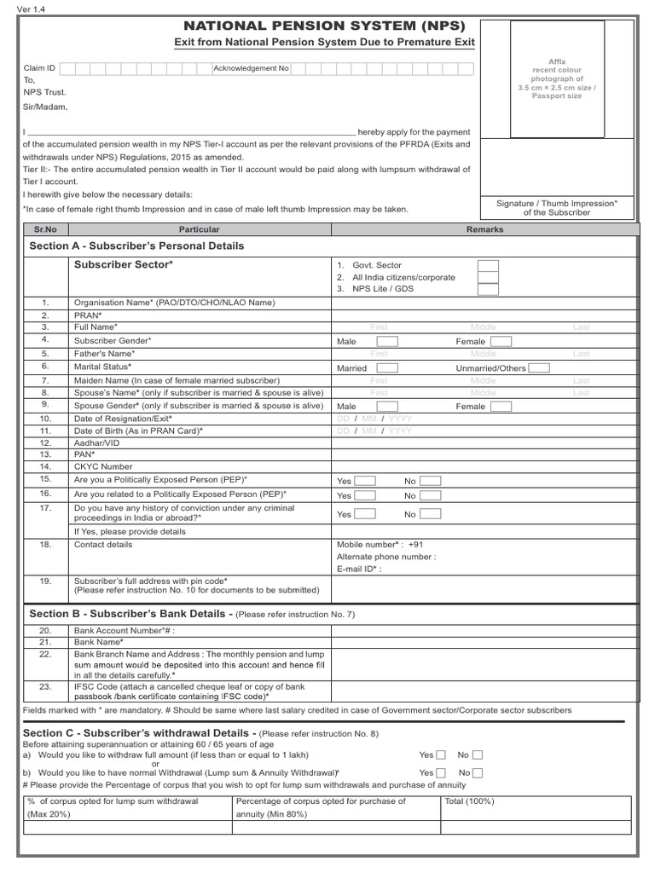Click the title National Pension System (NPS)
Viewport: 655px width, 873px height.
coord(325,26)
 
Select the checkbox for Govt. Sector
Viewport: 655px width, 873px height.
coord(488,266)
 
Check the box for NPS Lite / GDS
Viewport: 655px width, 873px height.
coord(488,289)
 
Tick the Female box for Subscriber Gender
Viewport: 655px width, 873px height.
coord(501,341)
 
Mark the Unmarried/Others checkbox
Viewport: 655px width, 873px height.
coord(539,368)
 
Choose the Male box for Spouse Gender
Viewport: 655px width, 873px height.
coord(387,407)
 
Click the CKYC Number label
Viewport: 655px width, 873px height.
coord(103,466)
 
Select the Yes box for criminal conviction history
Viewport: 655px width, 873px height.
coord(365,514)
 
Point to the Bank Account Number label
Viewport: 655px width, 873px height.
coord(128,630)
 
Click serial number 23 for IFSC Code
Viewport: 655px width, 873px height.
coord(46,686)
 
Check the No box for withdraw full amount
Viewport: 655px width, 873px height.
coord(478,754)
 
